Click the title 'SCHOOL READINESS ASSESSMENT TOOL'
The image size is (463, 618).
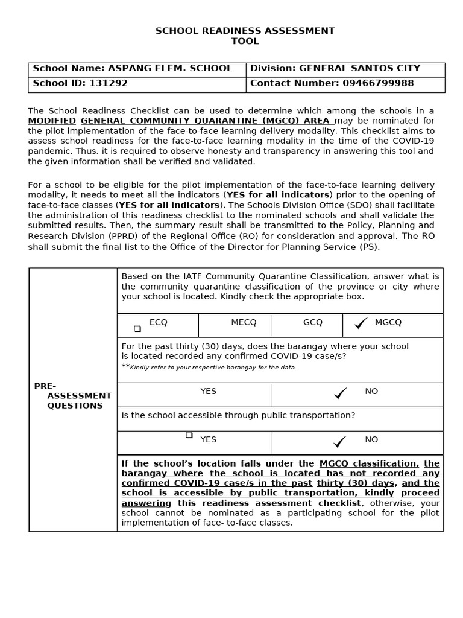point(245,36)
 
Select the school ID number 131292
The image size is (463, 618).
point(109,83)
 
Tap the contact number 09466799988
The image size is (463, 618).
point(378,83)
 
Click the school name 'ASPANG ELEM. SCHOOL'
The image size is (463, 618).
point(169,68)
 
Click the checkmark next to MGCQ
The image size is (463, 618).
point(361,324)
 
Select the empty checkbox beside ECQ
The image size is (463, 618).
point(137,328)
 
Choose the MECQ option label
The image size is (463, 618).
point(244,322)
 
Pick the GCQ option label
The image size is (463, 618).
point(313,322)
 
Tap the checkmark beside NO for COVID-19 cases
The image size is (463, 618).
point(340,393)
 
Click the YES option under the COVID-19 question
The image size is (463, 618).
point(208,391)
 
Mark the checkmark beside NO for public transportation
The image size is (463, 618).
point(340,442)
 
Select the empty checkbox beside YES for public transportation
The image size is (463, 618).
point(189,435)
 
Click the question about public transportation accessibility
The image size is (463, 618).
point(238,415)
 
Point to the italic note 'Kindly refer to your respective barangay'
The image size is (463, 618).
point(213,367)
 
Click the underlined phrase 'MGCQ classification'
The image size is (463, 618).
point(368,463)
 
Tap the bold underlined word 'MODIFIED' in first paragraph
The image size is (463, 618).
point(52,121)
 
